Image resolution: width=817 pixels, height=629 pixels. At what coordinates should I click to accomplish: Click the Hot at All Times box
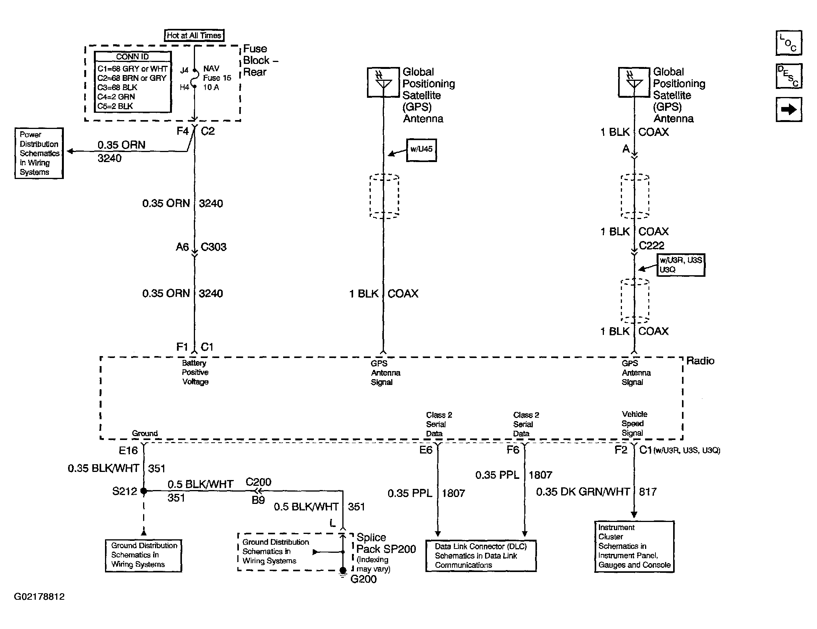[194, 35]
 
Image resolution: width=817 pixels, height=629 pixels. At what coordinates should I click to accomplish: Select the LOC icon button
[789, 43]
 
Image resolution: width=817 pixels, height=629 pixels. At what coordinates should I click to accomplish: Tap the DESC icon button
[789, 76]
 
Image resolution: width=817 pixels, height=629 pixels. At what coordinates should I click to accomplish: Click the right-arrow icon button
[789, 110]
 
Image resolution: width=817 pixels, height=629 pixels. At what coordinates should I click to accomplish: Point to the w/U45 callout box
[422, 150]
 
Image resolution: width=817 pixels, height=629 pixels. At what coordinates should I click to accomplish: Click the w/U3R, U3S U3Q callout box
[681, 265]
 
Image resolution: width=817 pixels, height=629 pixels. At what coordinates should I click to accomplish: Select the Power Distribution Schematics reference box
[39, 153]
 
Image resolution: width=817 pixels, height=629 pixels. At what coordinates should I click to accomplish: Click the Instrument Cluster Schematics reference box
[634, 547]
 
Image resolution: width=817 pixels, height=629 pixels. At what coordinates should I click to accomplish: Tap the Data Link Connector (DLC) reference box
[481, 556]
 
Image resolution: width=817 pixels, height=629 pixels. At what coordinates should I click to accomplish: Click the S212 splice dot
[143, 491]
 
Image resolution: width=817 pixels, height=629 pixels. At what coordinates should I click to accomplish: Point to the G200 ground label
[363, 579]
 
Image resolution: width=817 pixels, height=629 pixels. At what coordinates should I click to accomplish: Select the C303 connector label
[213, 247]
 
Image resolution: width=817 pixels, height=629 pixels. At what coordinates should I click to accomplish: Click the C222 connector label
[652, 245]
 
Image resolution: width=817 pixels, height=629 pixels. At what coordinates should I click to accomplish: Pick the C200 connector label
[258, 482]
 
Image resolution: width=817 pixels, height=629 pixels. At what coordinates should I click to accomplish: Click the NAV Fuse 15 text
[217, 73]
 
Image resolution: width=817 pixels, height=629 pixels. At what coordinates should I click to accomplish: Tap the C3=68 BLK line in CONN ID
[117, 87]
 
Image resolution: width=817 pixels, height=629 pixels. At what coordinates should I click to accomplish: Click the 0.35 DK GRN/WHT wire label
[583, 492]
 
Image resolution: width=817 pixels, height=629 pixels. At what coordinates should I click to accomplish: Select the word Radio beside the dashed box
[700, 361]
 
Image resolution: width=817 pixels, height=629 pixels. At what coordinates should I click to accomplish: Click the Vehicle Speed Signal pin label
[634, 423]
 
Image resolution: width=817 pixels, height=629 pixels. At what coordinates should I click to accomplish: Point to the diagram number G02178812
[39, 597]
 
